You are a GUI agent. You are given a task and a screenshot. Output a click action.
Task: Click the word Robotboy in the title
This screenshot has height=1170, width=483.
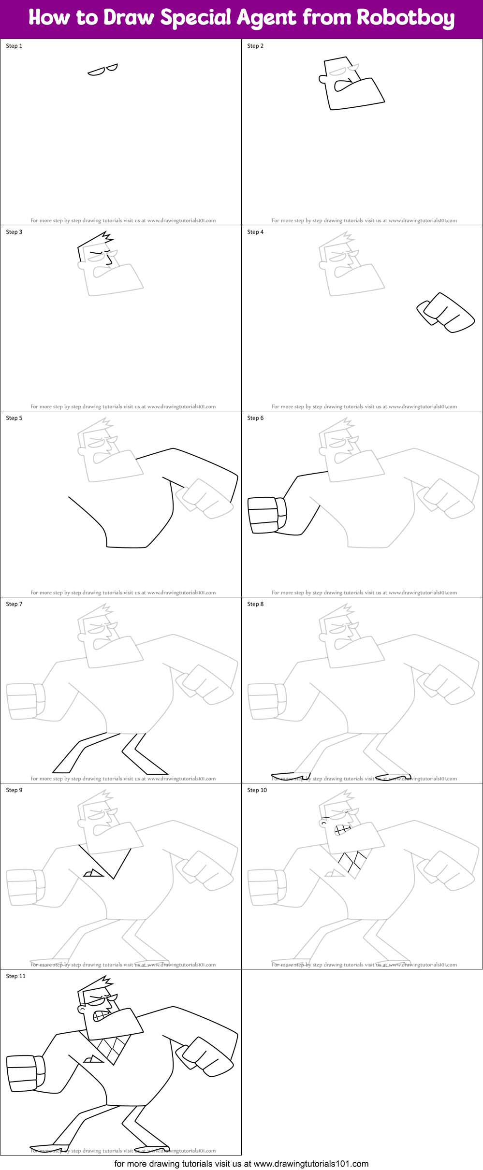tap(405, 18)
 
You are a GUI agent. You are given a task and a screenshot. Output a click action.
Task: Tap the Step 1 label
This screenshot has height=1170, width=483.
tap(14, 46)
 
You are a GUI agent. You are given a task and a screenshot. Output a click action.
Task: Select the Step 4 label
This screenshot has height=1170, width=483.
tap(255, 232)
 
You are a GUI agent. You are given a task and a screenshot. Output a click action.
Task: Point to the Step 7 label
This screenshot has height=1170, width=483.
tap(14, 604)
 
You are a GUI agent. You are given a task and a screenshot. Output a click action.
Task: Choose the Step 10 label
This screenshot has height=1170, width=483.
tap(257, 790)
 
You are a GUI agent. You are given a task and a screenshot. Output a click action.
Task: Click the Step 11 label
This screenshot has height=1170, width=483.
tap(15, 976)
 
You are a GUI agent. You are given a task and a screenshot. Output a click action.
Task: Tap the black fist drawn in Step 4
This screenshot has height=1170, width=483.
tap(445, 313)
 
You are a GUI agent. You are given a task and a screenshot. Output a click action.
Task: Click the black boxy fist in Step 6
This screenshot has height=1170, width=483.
tap(266, 515)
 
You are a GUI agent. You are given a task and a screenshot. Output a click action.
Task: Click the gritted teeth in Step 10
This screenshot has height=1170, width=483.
tap(342, 830)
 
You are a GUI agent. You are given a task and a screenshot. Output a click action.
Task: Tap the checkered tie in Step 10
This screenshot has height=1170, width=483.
tap(353, 863)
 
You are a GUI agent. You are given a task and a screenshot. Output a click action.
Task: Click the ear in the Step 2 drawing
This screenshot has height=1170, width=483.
tap(322, 79)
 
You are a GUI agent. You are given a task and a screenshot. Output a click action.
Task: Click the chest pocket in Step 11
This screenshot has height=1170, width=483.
tap(93, 1059)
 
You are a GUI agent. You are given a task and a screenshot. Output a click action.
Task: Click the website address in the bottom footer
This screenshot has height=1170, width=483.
tap(311, 1164)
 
